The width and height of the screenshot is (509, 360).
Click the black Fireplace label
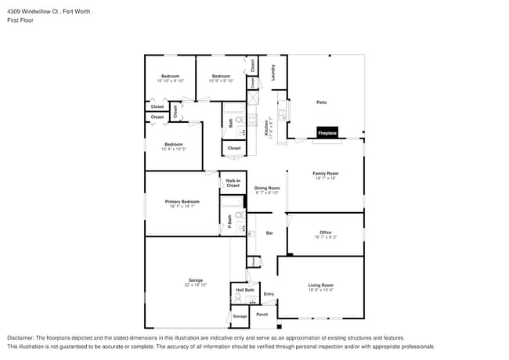[327, 133]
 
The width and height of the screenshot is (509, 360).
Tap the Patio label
[321, 103]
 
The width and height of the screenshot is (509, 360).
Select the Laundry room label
[273, 73]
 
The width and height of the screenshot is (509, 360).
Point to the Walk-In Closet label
[233, 183]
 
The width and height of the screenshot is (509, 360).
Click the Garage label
[195, 280]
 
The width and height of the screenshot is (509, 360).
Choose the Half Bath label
[244, 290]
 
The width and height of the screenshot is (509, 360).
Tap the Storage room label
[240, 316]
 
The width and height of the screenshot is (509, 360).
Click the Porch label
[262, 315]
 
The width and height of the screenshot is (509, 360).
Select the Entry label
[269, 294]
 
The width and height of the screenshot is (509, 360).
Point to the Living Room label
[320, 285]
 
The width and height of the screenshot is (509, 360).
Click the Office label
[325, 232]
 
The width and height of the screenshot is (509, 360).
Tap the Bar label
[269, 233]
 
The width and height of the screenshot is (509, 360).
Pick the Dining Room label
[267, 188]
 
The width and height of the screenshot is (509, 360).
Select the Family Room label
[325, 174]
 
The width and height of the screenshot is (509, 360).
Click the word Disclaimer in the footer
[20, 337]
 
